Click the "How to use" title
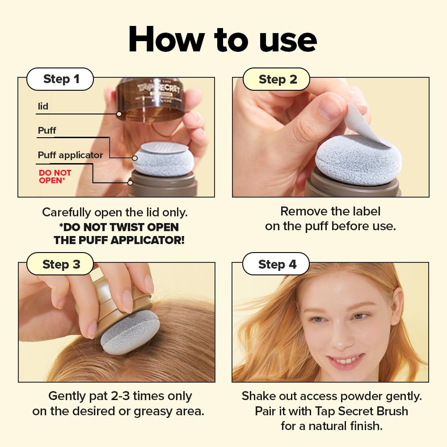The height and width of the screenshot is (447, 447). (223, 40)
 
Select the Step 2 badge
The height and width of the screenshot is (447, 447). (277, 80)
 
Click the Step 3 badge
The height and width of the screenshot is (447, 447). (61, 264)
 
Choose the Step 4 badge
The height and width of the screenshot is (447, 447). (277, 264)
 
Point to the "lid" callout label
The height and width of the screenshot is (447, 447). (43, 107)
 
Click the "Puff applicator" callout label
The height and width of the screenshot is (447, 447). (70, 155)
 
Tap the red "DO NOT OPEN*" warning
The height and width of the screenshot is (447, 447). (55, 177)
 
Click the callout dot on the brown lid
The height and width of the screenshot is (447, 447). (119, 114)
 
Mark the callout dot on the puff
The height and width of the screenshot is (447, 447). (135, 158)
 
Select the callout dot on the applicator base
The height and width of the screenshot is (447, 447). (130, 182)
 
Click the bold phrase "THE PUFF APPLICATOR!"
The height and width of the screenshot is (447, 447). (119, 240)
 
